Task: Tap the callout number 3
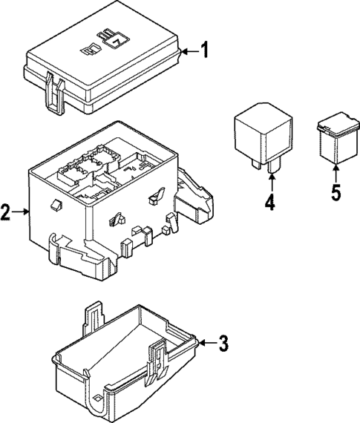pos(223,343)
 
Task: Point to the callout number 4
pos(270,202)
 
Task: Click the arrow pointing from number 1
pos(189,51)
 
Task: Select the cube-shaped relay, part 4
pos(259,134)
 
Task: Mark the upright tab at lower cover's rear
pos(94,315)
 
